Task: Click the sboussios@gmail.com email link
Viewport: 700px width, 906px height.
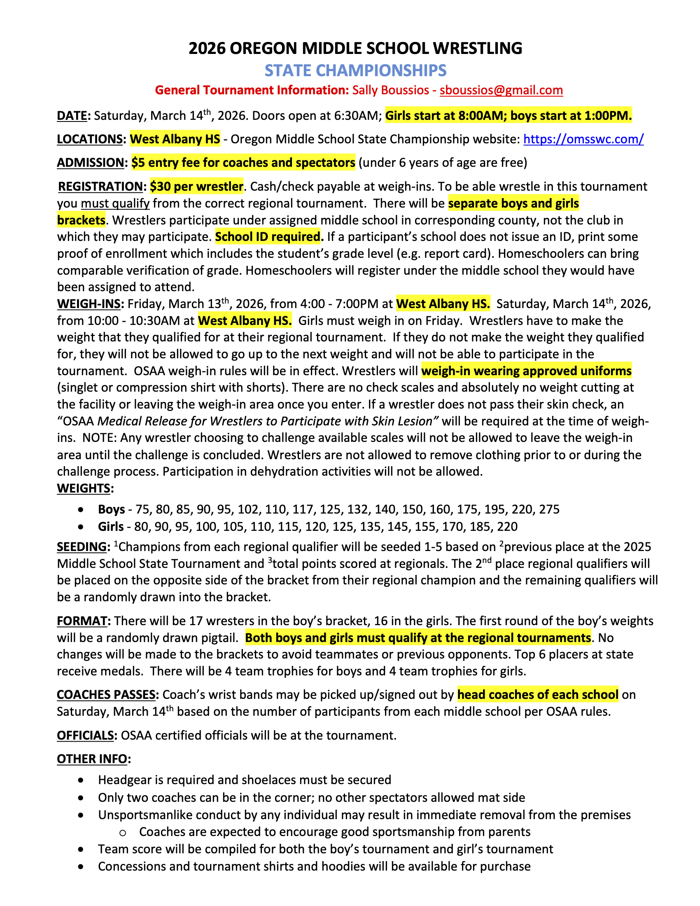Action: click(501, 91)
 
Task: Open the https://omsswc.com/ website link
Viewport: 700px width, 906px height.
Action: click(583, 139)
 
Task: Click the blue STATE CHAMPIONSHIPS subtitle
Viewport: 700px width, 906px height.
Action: click(355, 70)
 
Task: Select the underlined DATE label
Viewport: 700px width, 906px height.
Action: click(72, 116)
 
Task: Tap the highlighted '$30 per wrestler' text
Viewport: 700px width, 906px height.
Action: click(196, 187)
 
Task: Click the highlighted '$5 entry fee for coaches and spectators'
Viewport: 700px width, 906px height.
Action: click(243, 163)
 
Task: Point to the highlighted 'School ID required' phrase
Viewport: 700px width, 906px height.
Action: click(268, 237)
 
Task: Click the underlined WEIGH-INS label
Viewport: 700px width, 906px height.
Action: click(89, 304)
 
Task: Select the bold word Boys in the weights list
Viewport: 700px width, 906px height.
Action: click(111, 509)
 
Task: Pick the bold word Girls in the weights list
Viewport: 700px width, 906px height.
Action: click(111, 527)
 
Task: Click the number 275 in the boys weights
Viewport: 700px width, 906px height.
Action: click(549, 509)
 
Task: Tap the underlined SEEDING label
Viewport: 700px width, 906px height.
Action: click(82, 547)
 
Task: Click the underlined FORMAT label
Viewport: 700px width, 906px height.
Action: click(82, 621)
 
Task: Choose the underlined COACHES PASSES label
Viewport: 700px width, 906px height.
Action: click(106, 695)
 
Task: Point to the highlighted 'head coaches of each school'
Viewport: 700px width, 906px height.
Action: click(537, 695)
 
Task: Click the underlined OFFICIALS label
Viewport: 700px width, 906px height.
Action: click(85, 736)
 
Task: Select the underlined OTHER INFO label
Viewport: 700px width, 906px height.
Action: click(92, 759)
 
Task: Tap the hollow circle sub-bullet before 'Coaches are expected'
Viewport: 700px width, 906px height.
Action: click(122, 833)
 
